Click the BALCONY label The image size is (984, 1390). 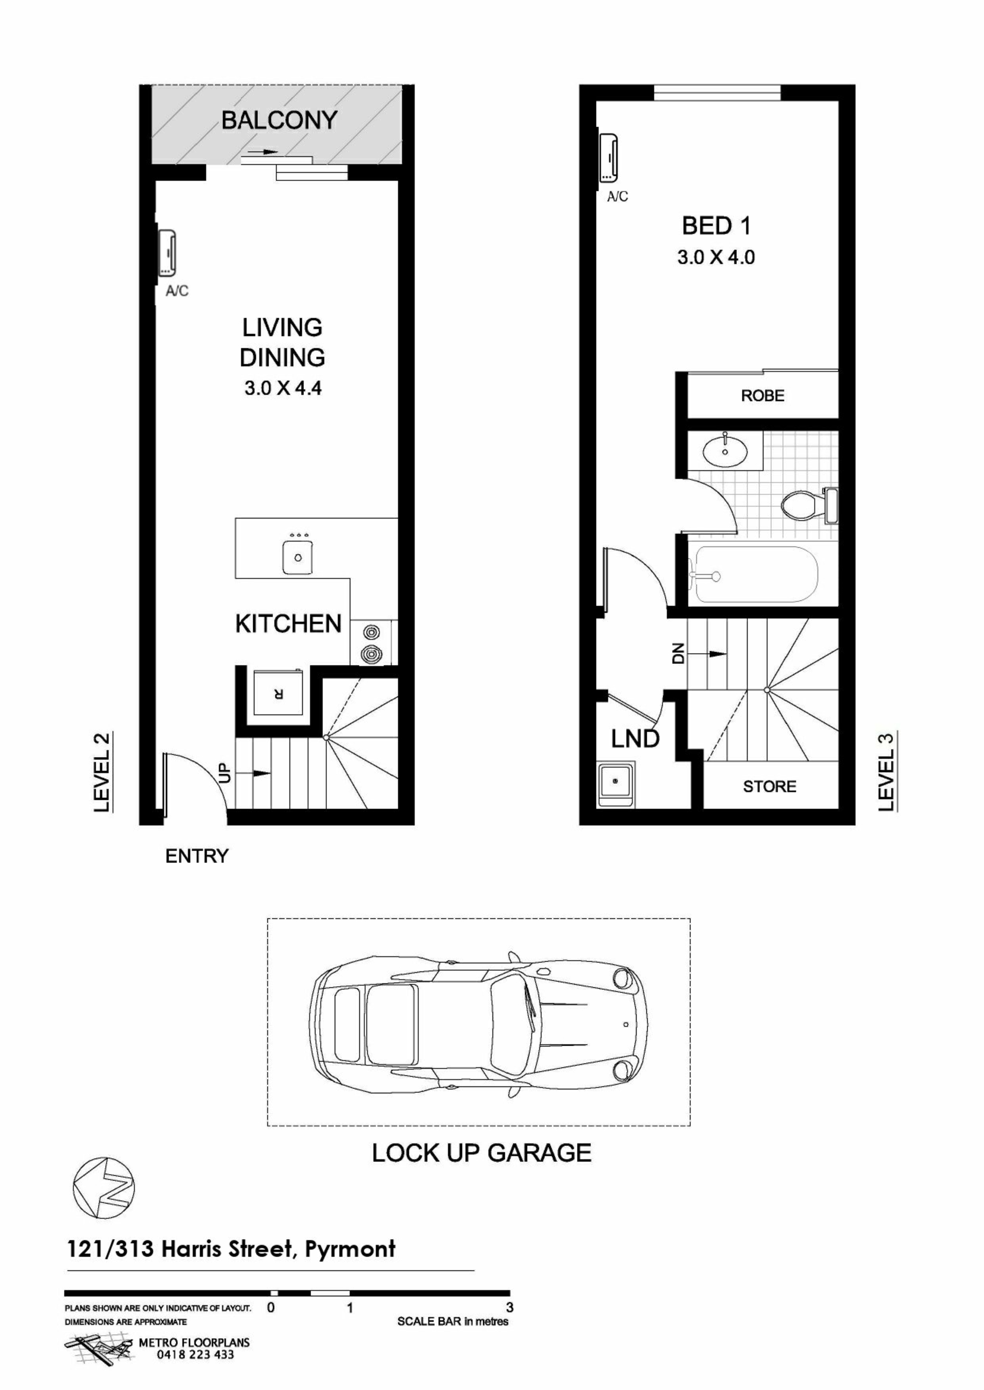tap(279, 120)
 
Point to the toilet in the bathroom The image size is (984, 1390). tap(809, 505)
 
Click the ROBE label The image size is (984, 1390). tap(762, 396)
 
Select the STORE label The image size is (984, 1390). tap(769, 787)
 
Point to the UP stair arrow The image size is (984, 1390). tap(254, 774)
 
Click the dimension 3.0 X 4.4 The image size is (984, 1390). tap(283, 388)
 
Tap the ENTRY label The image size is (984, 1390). tap(197, 857)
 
